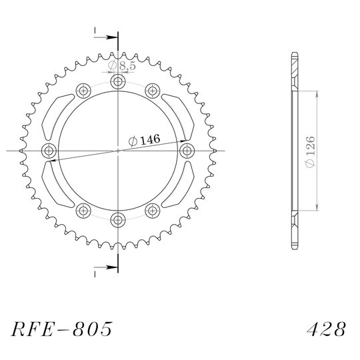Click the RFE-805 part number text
[61, 329]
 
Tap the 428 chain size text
[326, 329]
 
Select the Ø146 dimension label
[144, 140]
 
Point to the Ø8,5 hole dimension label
[122, 66]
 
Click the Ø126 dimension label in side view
[310, 151]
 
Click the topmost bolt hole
[118, 81]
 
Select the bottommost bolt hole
[118, 220]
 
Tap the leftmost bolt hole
[49, 151]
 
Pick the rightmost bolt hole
[187, 151]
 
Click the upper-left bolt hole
[83, 91]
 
